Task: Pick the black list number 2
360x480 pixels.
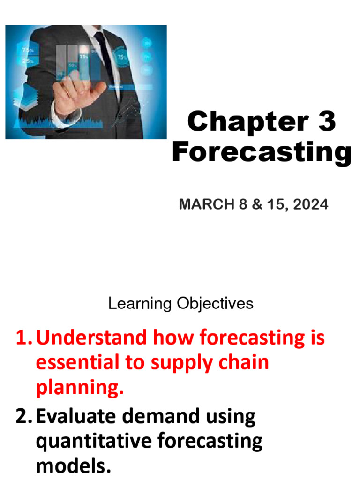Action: pyautogui.click(x=22, y=416)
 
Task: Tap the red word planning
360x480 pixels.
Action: pyautogui.click(x=79, y=388)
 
